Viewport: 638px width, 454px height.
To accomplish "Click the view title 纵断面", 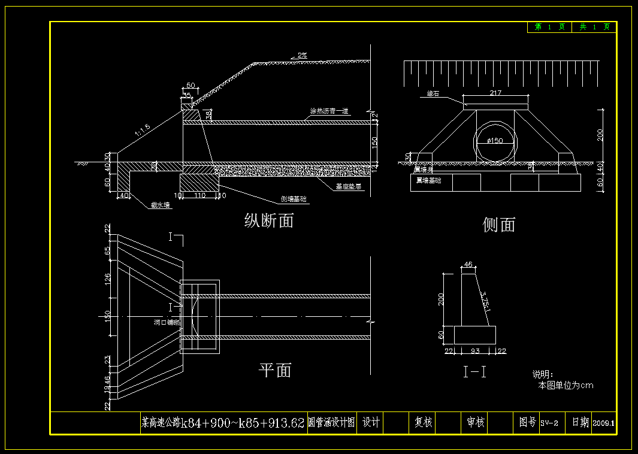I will click(269, 220).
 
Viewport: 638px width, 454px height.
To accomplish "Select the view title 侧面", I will click(499, 225).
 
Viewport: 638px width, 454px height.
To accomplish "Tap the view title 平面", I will click(275, 370).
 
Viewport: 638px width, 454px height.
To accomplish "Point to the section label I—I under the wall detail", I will click(475, 372).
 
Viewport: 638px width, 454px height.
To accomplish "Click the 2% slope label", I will click(303, 55).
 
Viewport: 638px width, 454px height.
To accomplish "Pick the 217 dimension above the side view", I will click(495, 93).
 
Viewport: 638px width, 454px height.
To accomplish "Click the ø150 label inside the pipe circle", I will click(494, 141).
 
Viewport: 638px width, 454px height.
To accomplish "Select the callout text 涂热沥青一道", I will click(329, 111).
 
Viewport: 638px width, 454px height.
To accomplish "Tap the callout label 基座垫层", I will click(348, 186).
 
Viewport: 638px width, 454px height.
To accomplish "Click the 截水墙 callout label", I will click(160, 205).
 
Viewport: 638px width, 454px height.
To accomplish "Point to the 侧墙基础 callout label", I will click(294, 199).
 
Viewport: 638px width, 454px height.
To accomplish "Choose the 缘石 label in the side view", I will click(433, 94).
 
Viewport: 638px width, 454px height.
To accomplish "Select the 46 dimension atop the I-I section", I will click(468, 264).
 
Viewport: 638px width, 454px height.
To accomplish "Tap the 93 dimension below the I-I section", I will click(476, 350).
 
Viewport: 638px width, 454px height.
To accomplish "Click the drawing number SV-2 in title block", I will click(549, 423).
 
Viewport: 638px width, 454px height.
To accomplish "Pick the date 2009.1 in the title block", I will click(604, 423).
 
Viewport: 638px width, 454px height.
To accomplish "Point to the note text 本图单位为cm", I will click(566, 385).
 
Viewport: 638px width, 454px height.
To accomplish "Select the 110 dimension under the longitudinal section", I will click(200, 195).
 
